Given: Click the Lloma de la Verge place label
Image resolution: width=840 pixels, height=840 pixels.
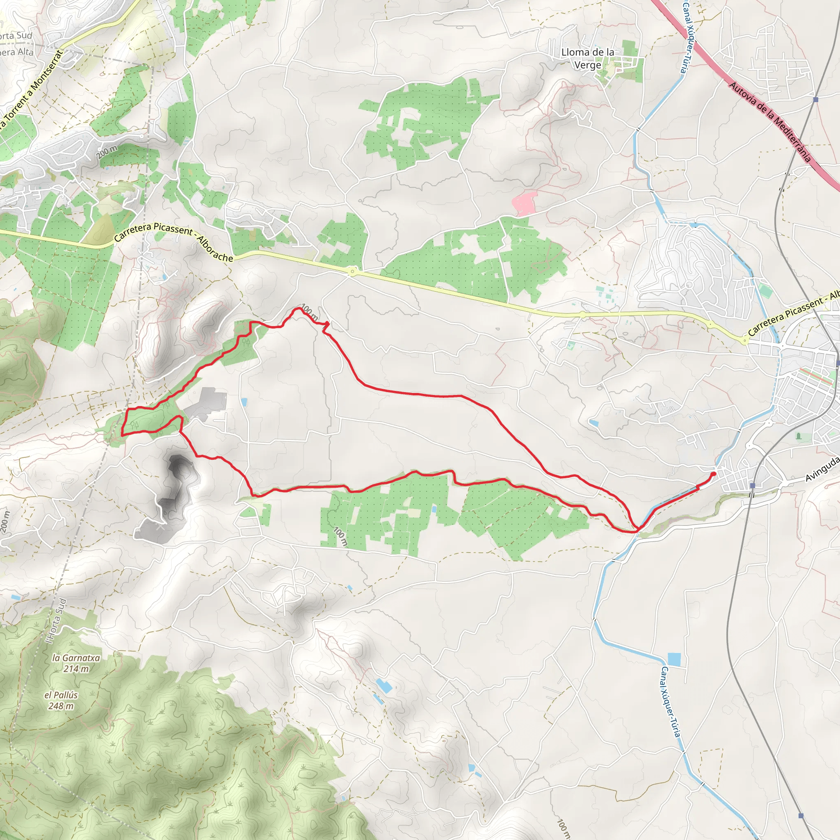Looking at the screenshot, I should pyautogui.click(x=587, y=58).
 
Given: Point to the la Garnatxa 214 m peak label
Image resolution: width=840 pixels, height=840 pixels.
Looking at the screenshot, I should pyautogui.click(x=76, y=663).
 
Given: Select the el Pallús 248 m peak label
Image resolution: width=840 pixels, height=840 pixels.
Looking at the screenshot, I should pyautogui.click(x=61, y=700).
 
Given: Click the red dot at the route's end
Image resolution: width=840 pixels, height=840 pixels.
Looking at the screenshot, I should pyautogui.click(x=714, y=473).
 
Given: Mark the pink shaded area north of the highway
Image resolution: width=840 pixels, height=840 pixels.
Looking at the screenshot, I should pyautogui.click(x=524, y=203).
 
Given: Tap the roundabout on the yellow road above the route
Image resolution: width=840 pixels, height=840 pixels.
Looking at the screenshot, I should pyautogui.click(x=352, y=272).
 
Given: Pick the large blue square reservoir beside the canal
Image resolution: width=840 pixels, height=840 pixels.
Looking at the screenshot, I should pyautogui.click(x=674, y=659).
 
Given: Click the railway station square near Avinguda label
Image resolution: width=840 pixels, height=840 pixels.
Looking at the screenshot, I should pyautogui.click(x=753, y=485).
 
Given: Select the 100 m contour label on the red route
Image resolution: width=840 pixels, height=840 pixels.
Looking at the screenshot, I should pyautogui.click(x=310, y=311).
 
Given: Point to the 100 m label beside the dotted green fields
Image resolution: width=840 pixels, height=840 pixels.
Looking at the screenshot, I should pyautogui.click(x=340, y=536).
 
